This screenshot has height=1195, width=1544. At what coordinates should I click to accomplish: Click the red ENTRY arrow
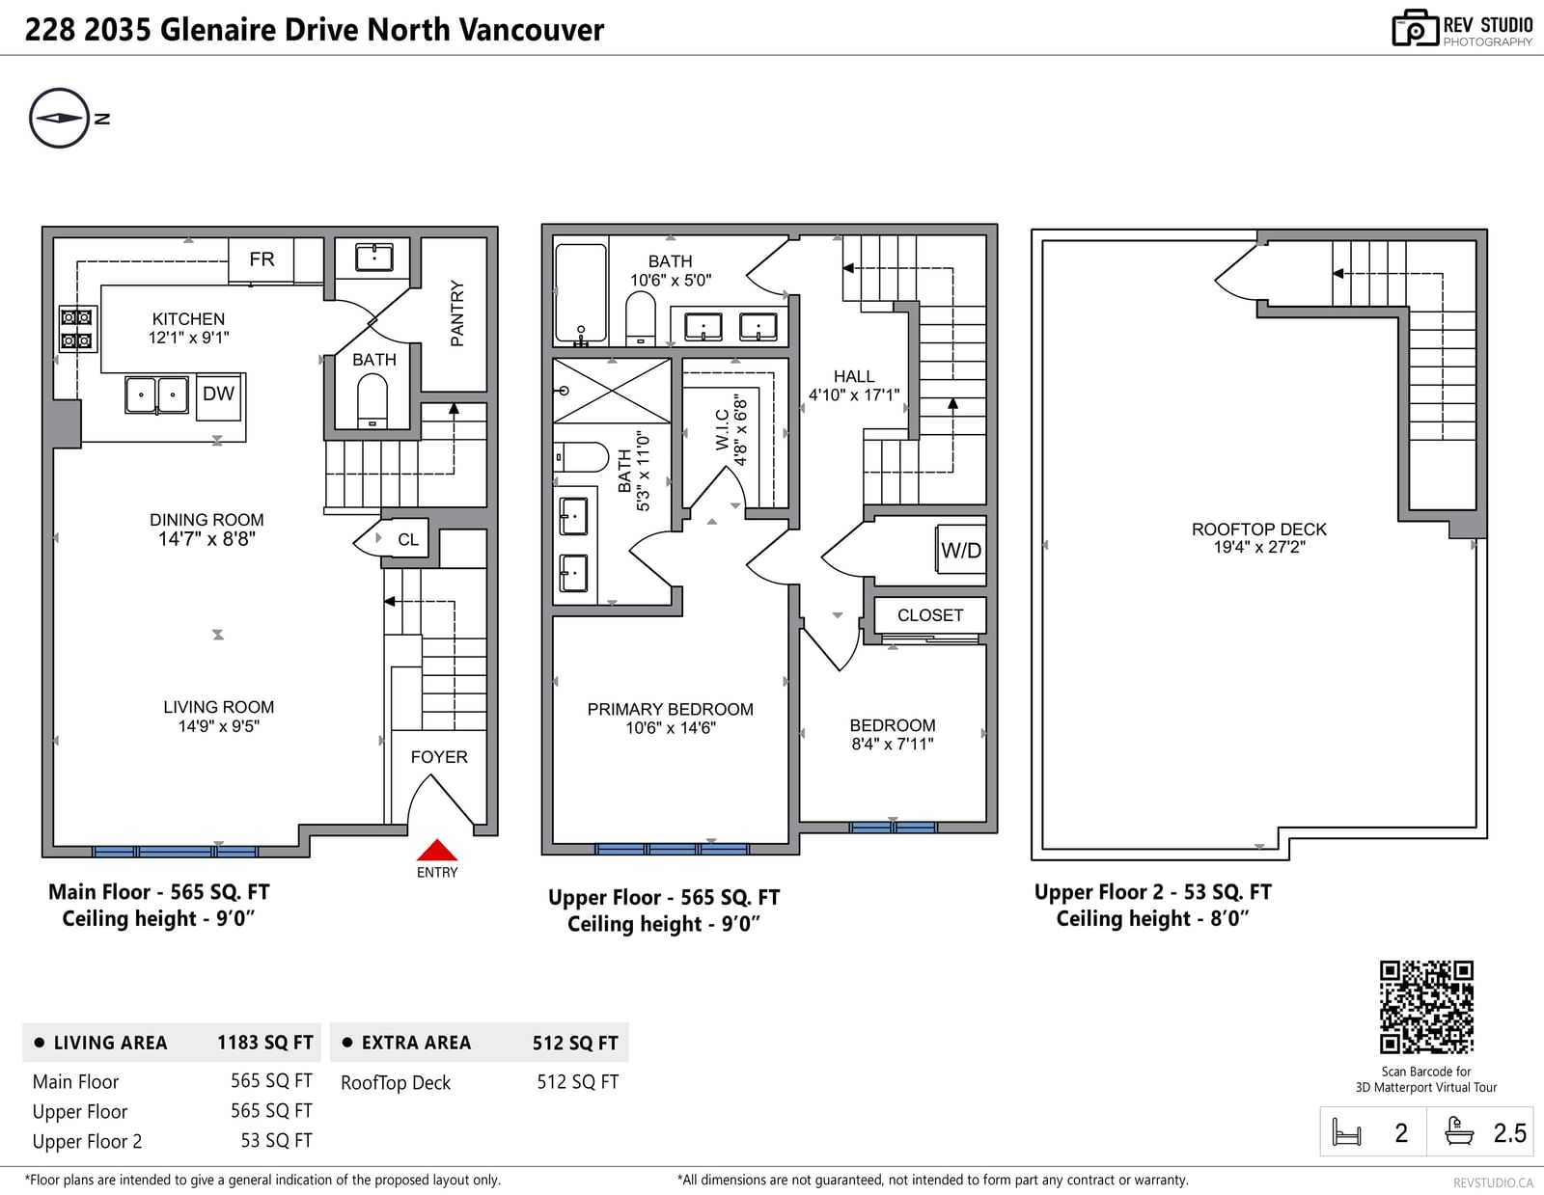pos(436,849)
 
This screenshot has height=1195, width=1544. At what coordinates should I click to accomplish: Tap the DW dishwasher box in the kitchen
pos(219,396)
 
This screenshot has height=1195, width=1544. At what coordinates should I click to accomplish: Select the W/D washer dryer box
pos(960,550)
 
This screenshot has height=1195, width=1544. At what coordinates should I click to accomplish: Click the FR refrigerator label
pos(262,259)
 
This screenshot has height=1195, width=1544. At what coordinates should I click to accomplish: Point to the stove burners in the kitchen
pos(77,329)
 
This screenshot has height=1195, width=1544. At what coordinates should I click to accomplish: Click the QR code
pos(1426,1006)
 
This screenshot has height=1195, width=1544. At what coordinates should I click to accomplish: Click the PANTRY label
pos(456,313)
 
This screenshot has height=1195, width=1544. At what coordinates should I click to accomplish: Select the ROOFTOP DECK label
pos(1258,529)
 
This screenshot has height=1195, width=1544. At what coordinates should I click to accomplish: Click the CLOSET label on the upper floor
pos(930,615)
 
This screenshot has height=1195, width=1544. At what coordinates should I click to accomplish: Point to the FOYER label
pos(439,757)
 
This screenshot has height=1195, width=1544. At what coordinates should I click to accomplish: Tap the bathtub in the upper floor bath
pos(581,293)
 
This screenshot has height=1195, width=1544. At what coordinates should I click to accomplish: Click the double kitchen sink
pos(156,394)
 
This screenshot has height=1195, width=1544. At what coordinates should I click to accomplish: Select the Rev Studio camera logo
pos(1415,28)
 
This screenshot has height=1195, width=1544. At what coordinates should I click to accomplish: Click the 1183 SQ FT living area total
pos(265,1043)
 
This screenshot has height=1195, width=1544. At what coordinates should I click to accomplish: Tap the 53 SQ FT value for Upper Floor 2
pos(276,1140)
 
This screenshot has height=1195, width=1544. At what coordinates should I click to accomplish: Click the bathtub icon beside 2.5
pos(1459,1131)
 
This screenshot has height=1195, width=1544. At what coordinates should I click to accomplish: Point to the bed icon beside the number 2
pos(1346,1132)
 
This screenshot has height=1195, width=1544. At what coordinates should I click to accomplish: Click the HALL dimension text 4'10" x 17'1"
pos(854,394)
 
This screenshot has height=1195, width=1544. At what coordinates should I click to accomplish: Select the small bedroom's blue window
pos(894,828)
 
